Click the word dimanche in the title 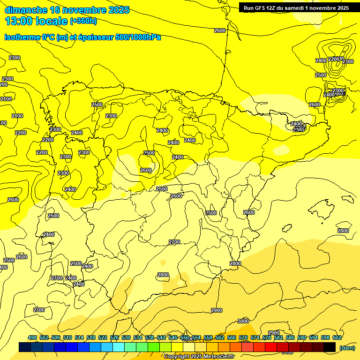tap(26, 10)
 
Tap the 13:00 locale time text tap(36, 21)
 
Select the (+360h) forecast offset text tap(83, 21)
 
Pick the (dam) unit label tap(347, 347)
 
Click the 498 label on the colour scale tap(32, 337)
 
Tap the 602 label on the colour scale tap(337, 337)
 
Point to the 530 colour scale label tap(126, 337)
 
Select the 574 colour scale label tap(255, 337)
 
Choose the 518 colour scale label tap(91, 337)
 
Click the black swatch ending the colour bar tap(329, 347)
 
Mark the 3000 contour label tap(243, 321)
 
